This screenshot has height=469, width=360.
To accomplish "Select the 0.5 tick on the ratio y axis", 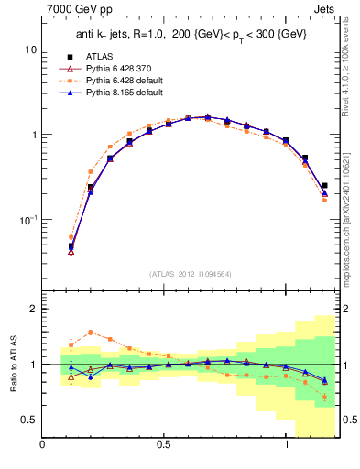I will point(28,420).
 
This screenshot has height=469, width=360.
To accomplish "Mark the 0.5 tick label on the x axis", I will point(164,445).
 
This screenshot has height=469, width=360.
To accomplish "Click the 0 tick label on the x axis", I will point(42,445).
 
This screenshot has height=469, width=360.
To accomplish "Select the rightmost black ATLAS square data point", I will point(324,185).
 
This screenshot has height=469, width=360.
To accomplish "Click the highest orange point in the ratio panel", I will point(91,333).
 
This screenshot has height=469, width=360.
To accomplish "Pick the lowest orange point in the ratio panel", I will point(324,397).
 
